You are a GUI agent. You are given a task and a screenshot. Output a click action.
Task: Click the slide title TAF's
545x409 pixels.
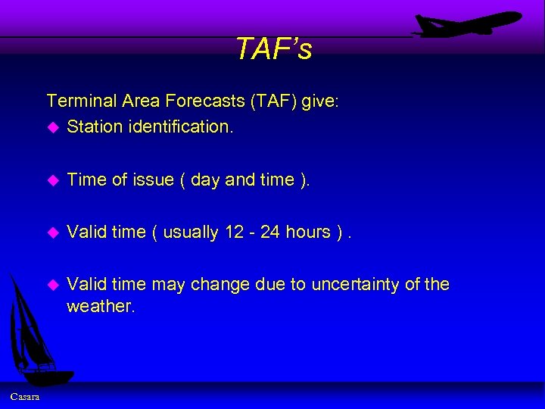pos(273,49)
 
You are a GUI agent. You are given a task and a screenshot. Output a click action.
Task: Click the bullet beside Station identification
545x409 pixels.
pos(52,127)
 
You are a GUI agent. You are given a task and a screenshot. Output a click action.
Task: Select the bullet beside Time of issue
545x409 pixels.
pos(52,180)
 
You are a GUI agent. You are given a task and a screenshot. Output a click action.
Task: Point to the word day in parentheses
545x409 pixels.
pos(206,180)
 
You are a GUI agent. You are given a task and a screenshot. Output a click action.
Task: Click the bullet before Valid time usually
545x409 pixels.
pos(52,233)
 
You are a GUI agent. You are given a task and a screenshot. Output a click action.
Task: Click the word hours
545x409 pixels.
pos(308,232)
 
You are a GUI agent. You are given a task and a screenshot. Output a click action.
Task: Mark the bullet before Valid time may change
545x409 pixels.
pos(52,285)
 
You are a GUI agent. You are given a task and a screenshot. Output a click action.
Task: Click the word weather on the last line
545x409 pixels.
pos(100,305)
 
